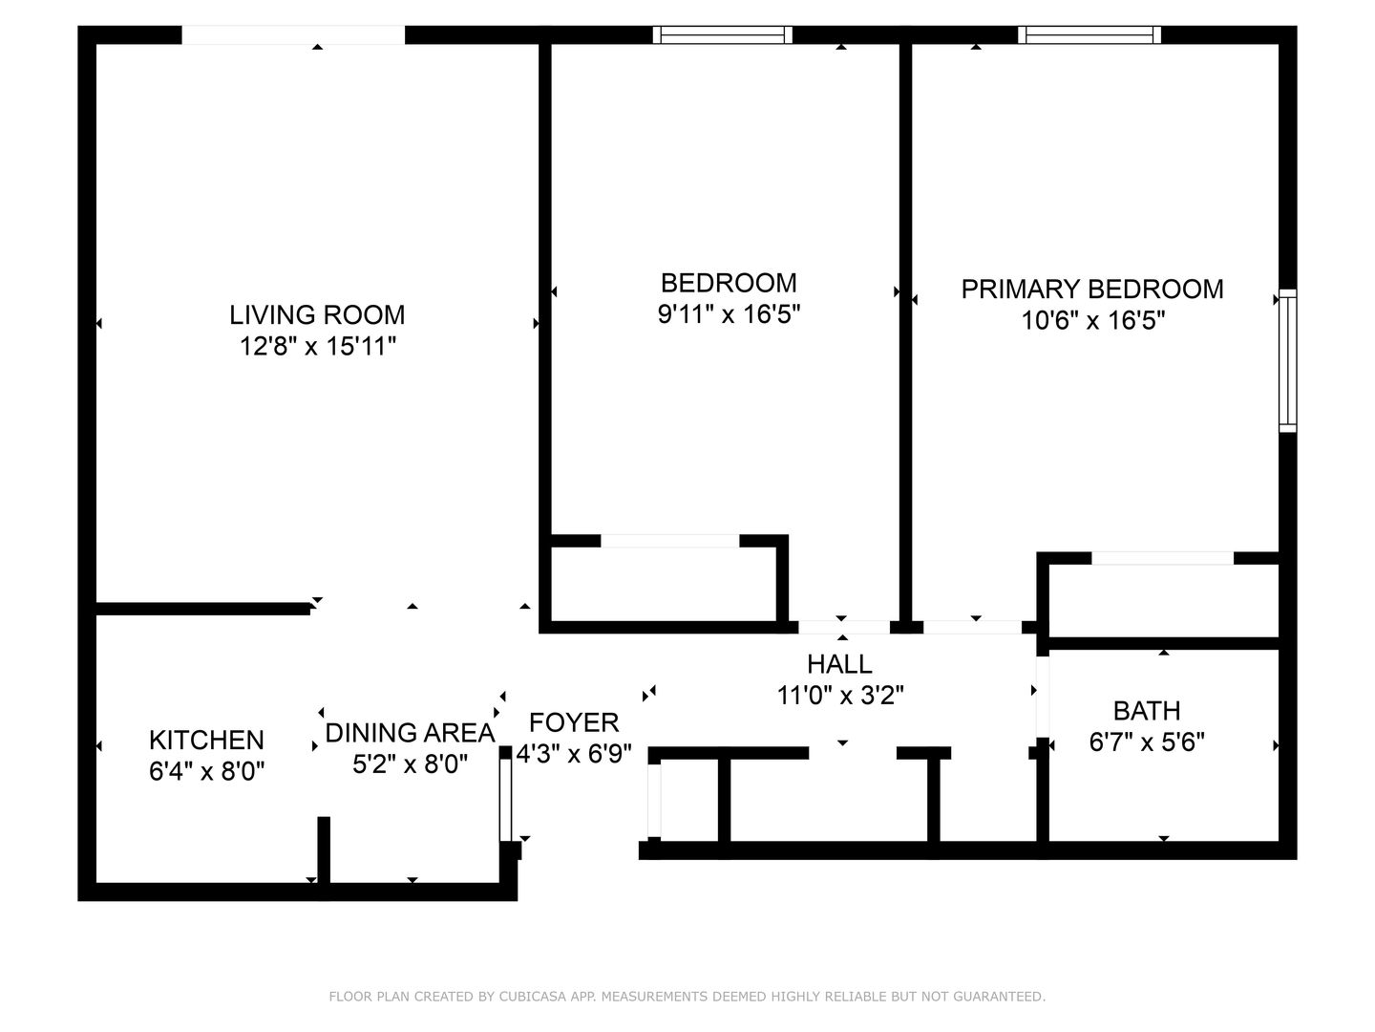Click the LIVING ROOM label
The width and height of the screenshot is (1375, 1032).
[317, 314]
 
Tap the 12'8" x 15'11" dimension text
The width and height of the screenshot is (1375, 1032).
[318, 346]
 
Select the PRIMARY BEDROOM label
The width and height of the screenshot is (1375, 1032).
[1092, 289]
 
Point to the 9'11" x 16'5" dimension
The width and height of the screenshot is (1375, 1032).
[730, 314]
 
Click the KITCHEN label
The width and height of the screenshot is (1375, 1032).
[206, 740]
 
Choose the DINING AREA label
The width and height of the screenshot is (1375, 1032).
[411, 733]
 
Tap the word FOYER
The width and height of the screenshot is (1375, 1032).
[574, 722]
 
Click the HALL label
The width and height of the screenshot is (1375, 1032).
[840, 664]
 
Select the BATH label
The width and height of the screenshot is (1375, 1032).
[1147, 711]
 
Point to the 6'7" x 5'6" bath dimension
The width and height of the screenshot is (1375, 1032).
[1147, 742]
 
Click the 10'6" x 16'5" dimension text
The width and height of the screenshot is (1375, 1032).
[1093, 321]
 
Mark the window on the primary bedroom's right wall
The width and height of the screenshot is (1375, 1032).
[1288, 360]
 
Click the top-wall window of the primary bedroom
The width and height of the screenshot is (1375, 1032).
[1089, 35]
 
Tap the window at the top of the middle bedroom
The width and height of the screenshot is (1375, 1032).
[723, 35]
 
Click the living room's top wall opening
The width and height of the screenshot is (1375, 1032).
[293, 35]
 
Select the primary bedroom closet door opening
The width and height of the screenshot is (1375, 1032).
[1163, 558]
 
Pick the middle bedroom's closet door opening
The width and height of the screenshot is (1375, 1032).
[670, 541]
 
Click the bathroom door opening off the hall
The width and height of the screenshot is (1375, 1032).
[1043, 697]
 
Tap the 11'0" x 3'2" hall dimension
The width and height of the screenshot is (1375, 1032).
[840, 696]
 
